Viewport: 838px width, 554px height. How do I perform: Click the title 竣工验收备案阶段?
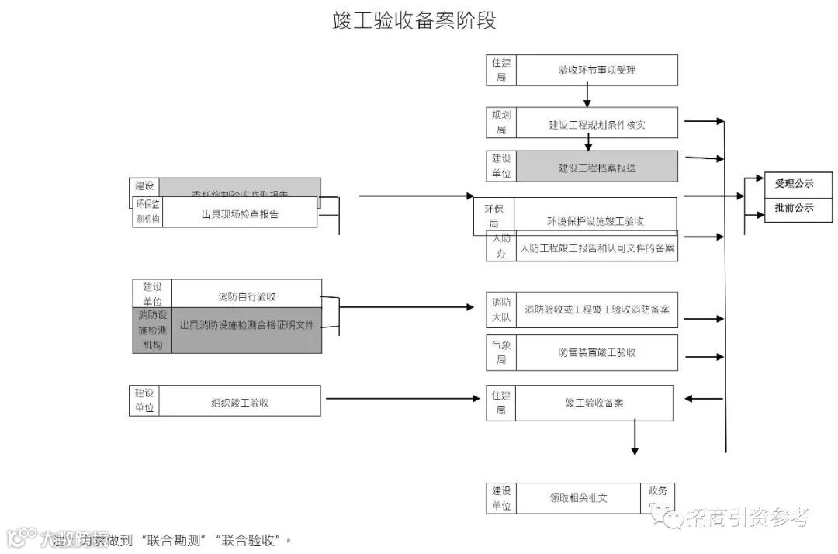click(x=414, y=21)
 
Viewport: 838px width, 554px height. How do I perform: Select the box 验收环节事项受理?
click(x=597, y=70)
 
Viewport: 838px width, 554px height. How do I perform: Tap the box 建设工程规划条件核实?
click(x=597, y=123)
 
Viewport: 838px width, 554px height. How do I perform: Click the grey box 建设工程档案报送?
click(x=597, y=167)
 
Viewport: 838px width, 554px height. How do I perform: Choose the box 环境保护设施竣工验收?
click(x=595, y=220)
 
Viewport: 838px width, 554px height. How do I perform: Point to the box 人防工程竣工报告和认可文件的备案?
click(x=597, y=249)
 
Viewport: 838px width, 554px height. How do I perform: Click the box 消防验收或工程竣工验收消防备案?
click(x=597, y=310)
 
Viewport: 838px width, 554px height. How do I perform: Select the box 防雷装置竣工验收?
click(x=597, y=352)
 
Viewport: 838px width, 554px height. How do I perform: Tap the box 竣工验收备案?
click(x=594, y=403)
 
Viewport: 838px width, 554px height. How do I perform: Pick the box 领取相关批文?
click(x=577, y=498)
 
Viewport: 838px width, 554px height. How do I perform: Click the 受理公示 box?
click(x=795, y=184)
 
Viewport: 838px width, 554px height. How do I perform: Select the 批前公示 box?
click(x=795, y=208)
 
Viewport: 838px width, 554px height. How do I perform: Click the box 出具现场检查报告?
click(x=240, y=213)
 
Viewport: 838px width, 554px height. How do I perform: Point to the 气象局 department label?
click(x=501, y=352)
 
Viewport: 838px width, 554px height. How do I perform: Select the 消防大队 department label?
click(x=501, y=310)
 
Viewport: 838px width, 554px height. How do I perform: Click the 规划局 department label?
click(x=501, y=123)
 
